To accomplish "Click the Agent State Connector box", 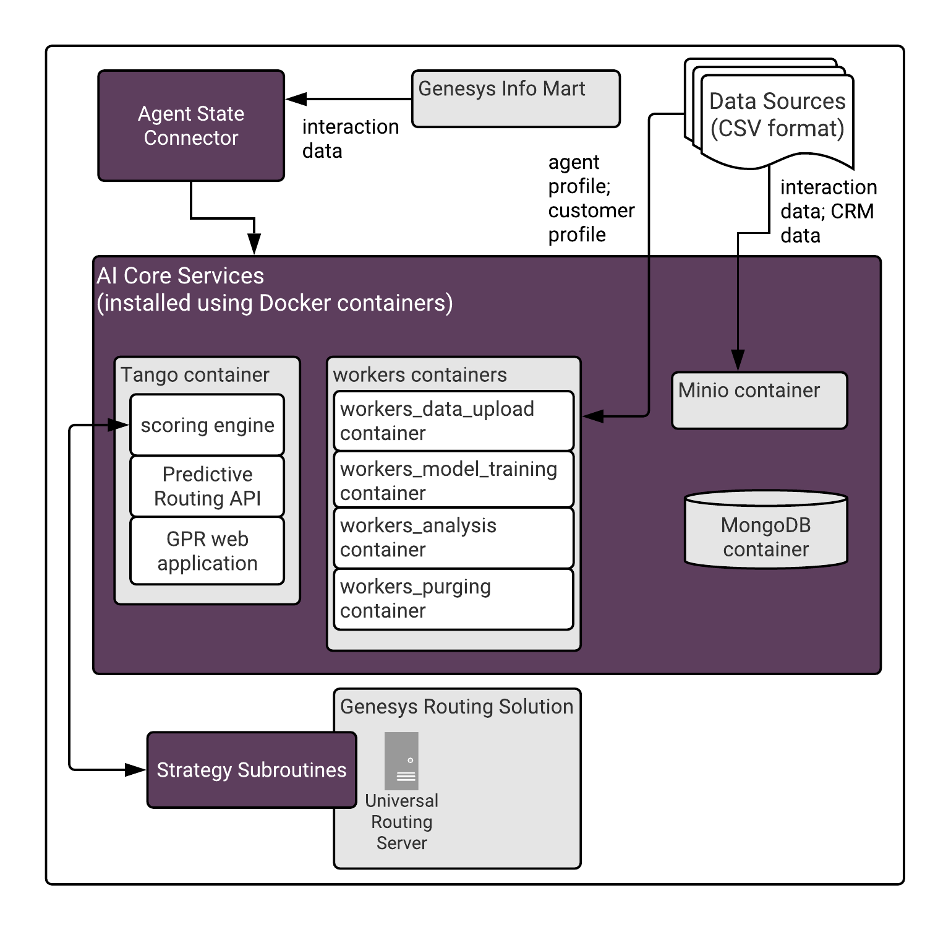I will (191, 126).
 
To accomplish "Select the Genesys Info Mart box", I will (516, 99).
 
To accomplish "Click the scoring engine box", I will (207, 425).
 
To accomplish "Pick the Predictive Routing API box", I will (207, 486).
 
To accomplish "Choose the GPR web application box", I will (207, 551).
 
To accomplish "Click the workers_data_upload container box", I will (453, 421).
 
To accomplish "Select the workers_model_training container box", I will (453, 481).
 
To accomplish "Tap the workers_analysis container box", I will (453, 537).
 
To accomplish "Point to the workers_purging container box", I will (453, 598).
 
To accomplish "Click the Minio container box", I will (759, 400).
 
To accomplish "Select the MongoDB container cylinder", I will (765, 530).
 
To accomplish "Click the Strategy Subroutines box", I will (252, 770).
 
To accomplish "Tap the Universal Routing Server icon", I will (401, 761).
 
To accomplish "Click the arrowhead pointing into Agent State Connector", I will (296, 99).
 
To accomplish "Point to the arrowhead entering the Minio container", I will (738, 360).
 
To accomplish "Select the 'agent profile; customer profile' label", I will (591, 199).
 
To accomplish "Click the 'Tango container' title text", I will (195, 375).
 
